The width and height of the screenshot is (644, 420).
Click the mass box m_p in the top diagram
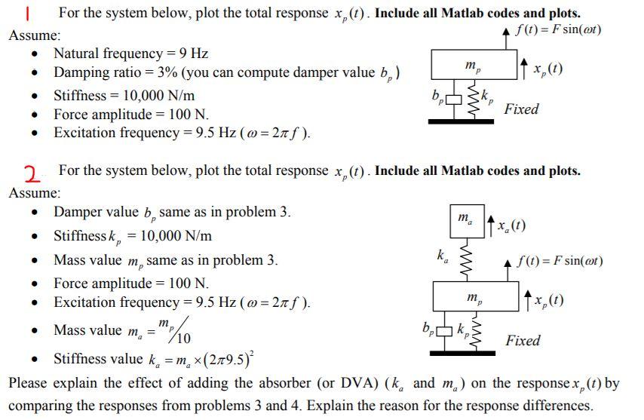[471, 67]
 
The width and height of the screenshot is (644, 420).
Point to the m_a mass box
[467, 221]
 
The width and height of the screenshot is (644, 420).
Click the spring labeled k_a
[465, 260]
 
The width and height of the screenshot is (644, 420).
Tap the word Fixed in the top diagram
[521, 109]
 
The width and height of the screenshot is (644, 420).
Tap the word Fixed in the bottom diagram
[523, 341]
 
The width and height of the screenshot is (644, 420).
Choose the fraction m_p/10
[179, 330]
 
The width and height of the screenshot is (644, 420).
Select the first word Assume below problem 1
[35, 35]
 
